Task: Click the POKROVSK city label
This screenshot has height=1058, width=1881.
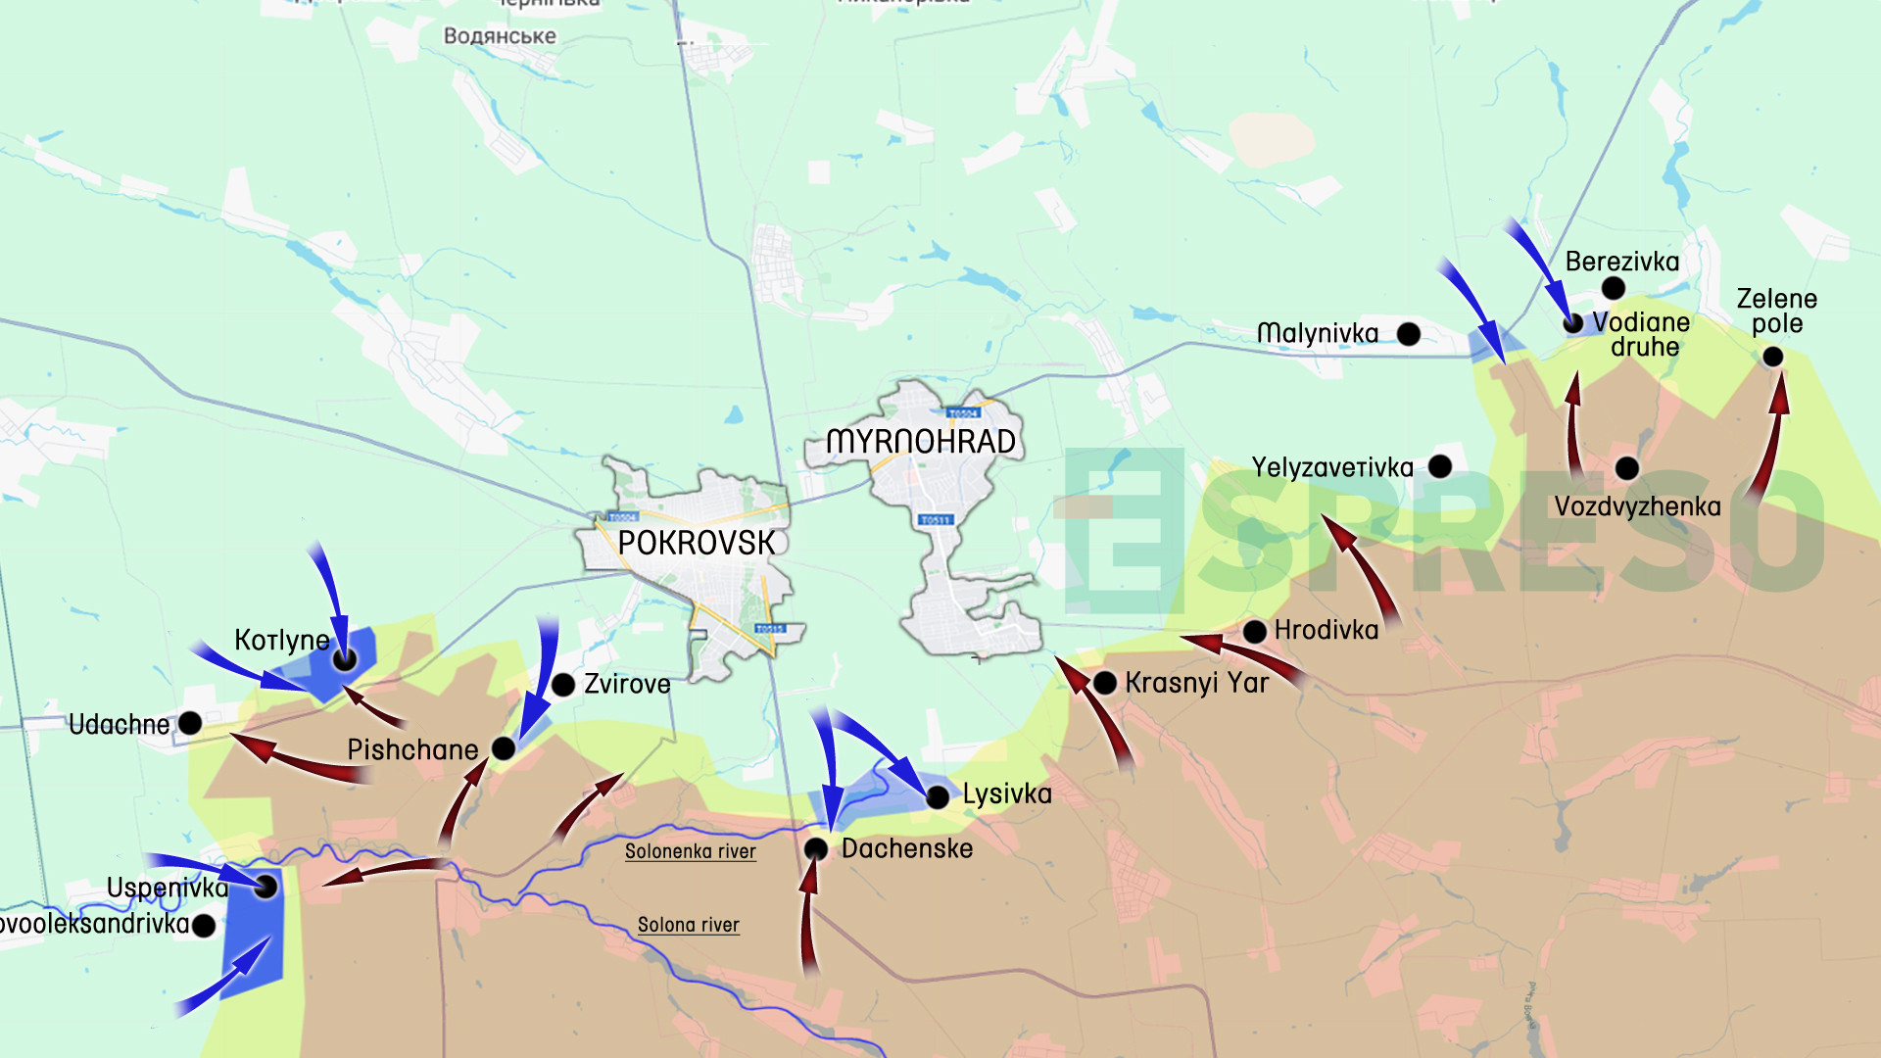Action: [696, 543]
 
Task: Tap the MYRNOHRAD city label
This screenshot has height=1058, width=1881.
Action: [921, 442]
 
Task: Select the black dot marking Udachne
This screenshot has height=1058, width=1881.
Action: [191, 723]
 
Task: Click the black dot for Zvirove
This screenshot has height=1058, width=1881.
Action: [563, 685]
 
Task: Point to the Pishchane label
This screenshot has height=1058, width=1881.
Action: [412, 749]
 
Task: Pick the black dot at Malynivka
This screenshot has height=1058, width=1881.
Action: [1409, 334]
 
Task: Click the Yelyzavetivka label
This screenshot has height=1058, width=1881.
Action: [1331, 467]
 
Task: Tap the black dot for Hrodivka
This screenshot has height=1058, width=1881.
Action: [1255, 631]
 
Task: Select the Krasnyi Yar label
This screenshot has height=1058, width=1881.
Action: [1196, 683]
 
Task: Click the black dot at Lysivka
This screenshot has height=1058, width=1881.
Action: [938, 796]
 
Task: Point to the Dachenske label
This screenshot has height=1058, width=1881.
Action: [907, 848]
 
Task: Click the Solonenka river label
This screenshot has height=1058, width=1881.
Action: [691, 851]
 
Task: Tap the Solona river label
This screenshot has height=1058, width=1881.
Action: [688, 925]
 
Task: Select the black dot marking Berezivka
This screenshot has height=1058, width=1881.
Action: [1614, 288]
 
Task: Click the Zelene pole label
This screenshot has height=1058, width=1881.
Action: [1776, 311]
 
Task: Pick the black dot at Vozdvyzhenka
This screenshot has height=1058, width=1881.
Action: [1627, 468]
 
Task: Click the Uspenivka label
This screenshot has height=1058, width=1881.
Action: [167, 888]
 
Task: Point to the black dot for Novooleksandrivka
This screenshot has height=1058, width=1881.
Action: [204, 925]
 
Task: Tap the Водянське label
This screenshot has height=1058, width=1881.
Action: [500, 36]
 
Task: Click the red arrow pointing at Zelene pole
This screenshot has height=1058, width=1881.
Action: [1769, 441]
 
